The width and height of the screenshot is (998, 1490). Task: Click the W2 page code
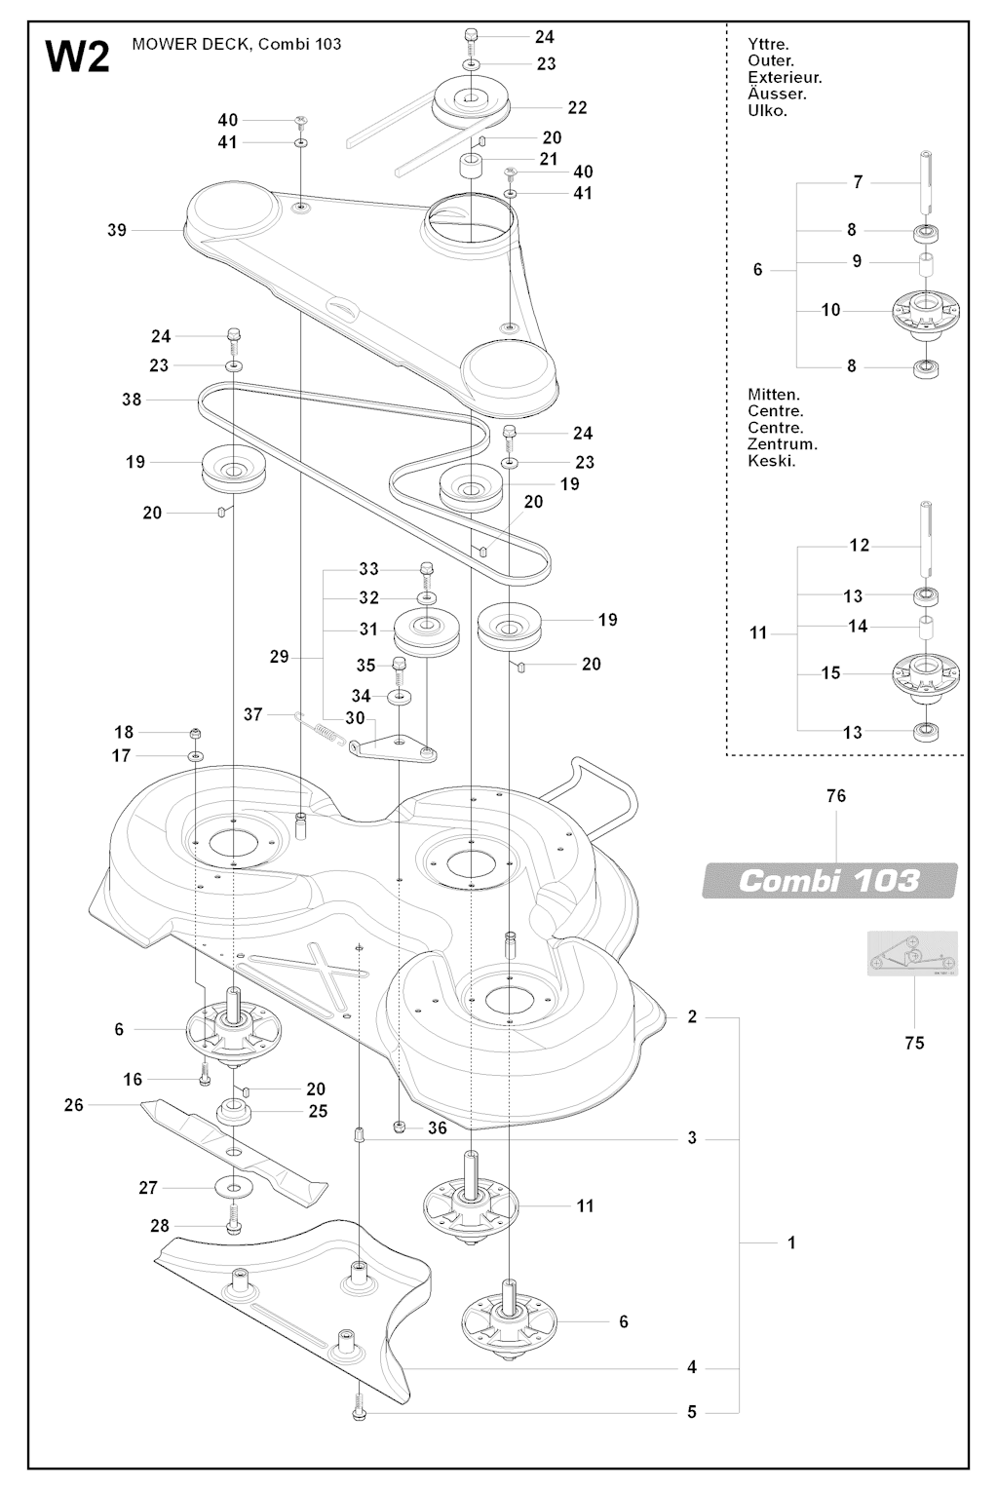point(77,57)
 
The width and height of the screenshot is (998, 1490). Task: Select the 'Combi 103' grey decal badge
point(829,881)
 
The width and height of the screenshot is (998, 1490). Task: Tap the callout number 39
point(117,230)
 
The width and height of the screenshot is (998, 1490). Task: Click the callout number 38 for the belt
point(132,399)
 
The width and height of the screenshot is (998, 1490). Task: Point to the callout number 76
point(836,796)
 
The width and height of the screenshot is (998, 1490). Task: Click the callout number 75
point(914,1043)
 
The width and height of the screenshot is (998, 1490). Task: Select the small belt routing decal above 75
point(912,953)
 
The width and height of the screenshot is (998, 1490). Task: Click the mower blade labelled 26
point(234,1150)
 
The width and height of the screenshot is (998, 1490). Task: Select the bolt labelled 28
point(234,1221)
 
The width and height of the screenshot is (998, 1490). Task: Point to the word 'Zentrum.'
point(783,444)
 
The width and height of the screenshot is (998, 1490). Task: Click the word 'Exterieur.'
point(785,78)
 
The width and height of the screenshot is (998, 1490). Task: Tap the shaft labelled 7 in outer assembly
point(926,183)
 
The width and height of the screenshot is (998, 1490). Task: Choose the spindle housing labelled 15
point(926,674)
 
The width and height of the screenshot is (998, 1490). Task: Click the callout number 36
point(438,1127)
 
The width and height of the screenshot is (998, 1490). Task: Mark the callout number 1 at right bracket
point(791,1243)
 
